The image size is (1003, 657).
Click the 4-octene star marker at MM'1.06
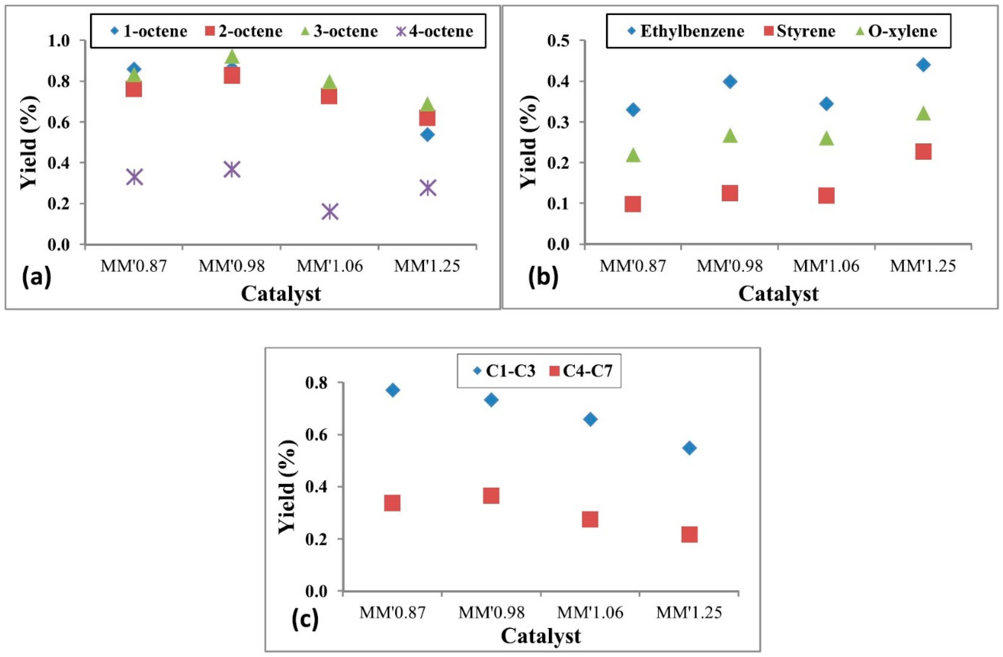(x=330, y=212)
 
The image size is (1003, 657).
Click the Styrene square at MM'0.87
(x=633, y=204)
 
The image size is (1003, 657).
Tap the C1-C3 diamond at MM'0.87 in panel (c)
(x=392, y=390)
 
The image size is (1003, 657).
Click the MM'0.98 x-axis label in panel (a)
(x=231, y=266)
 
